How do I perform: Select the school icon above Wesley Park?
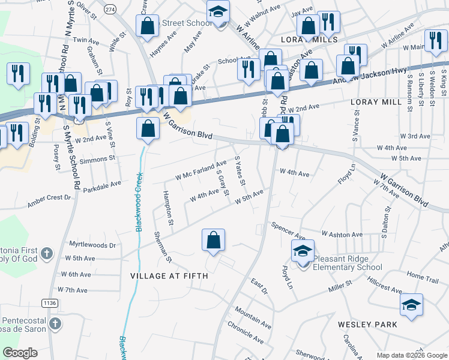[411, 305]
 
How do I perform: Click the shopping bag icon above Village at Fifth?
[213, 241]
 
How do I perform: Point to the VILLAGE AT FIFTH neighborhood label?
[169, 276]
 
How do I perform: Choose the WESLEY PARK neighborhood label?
[367, 325]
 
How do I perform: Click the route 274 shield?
[110, 10]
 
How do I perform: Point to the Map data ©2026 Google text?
[411, 355]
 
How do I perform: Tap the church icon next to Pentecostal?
[55, 325]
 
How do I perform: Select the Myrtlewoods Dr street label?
[92, 245]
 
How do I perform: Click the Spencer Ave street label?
[288, 230]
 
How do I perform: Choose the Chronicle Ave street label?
[245, 333]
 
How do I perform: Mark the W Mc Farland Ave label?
[200, 170]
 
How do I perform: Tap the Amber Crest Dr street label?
[49, 201]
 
